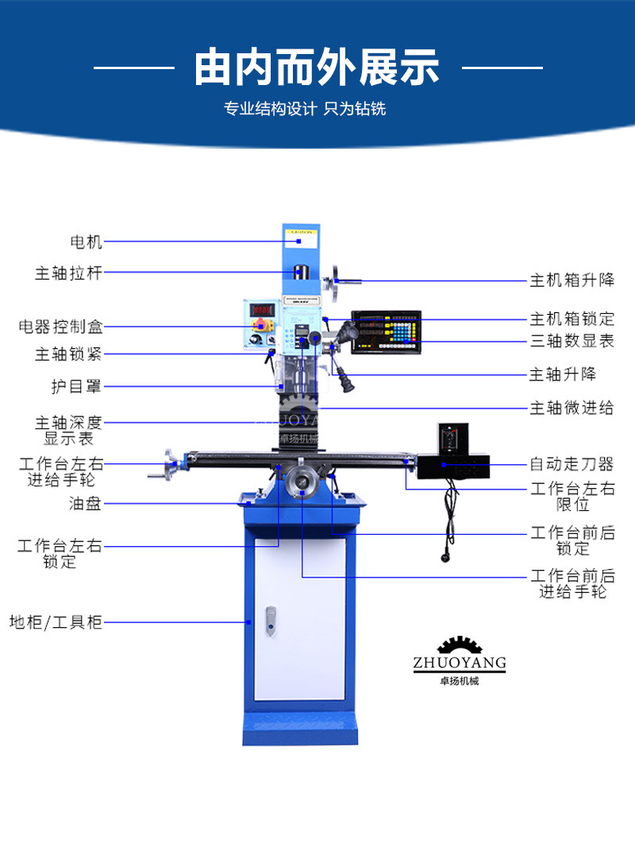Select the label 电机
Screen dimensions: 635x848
pos(87,241)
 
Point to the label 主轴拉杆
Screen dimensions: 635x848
pos(69,273)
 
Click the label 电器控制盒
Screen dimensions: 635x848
pos(61,327)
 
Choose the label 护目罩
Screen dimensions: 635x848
pos(76,387)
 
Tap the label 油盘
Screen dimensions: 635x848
pos(85,503)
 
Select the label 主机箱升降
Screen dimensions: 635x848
pos(572,281)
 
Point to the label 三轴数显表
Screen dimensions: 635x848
pos(572,342)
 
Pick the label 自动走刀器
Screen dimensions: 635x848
pos(572,464)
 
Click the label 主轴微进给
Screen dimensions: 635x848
pos(572,409)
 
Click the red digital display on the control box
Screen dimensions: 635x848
pos(262,309)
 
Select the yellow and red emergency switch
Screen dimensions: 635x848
pos(260,324)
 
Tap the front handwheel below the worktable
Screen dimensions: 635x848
pos(302,481)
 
